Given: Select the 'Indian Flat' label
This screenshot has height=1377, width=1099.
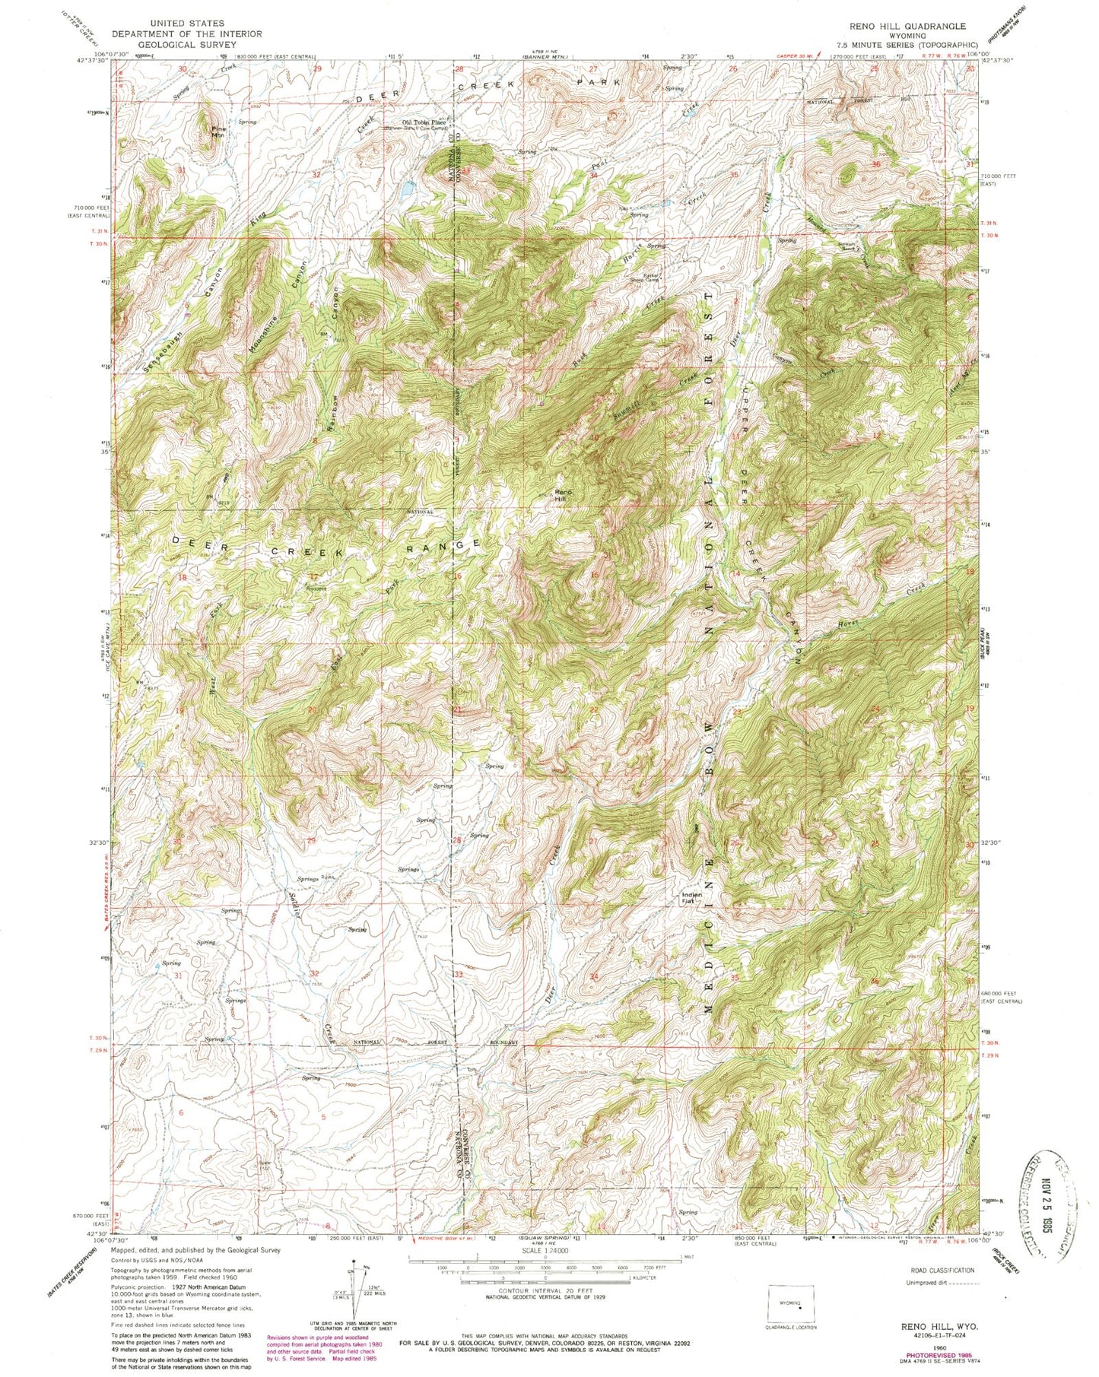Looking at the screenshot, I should [x=691, y=897].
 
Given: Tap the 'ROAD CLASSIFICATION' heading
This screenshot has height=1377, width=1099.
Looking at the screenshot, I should [x=942, y=1271].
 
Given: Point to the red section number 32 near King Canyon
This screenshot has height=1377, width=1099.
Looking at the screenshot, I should [x=316, y=175].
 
